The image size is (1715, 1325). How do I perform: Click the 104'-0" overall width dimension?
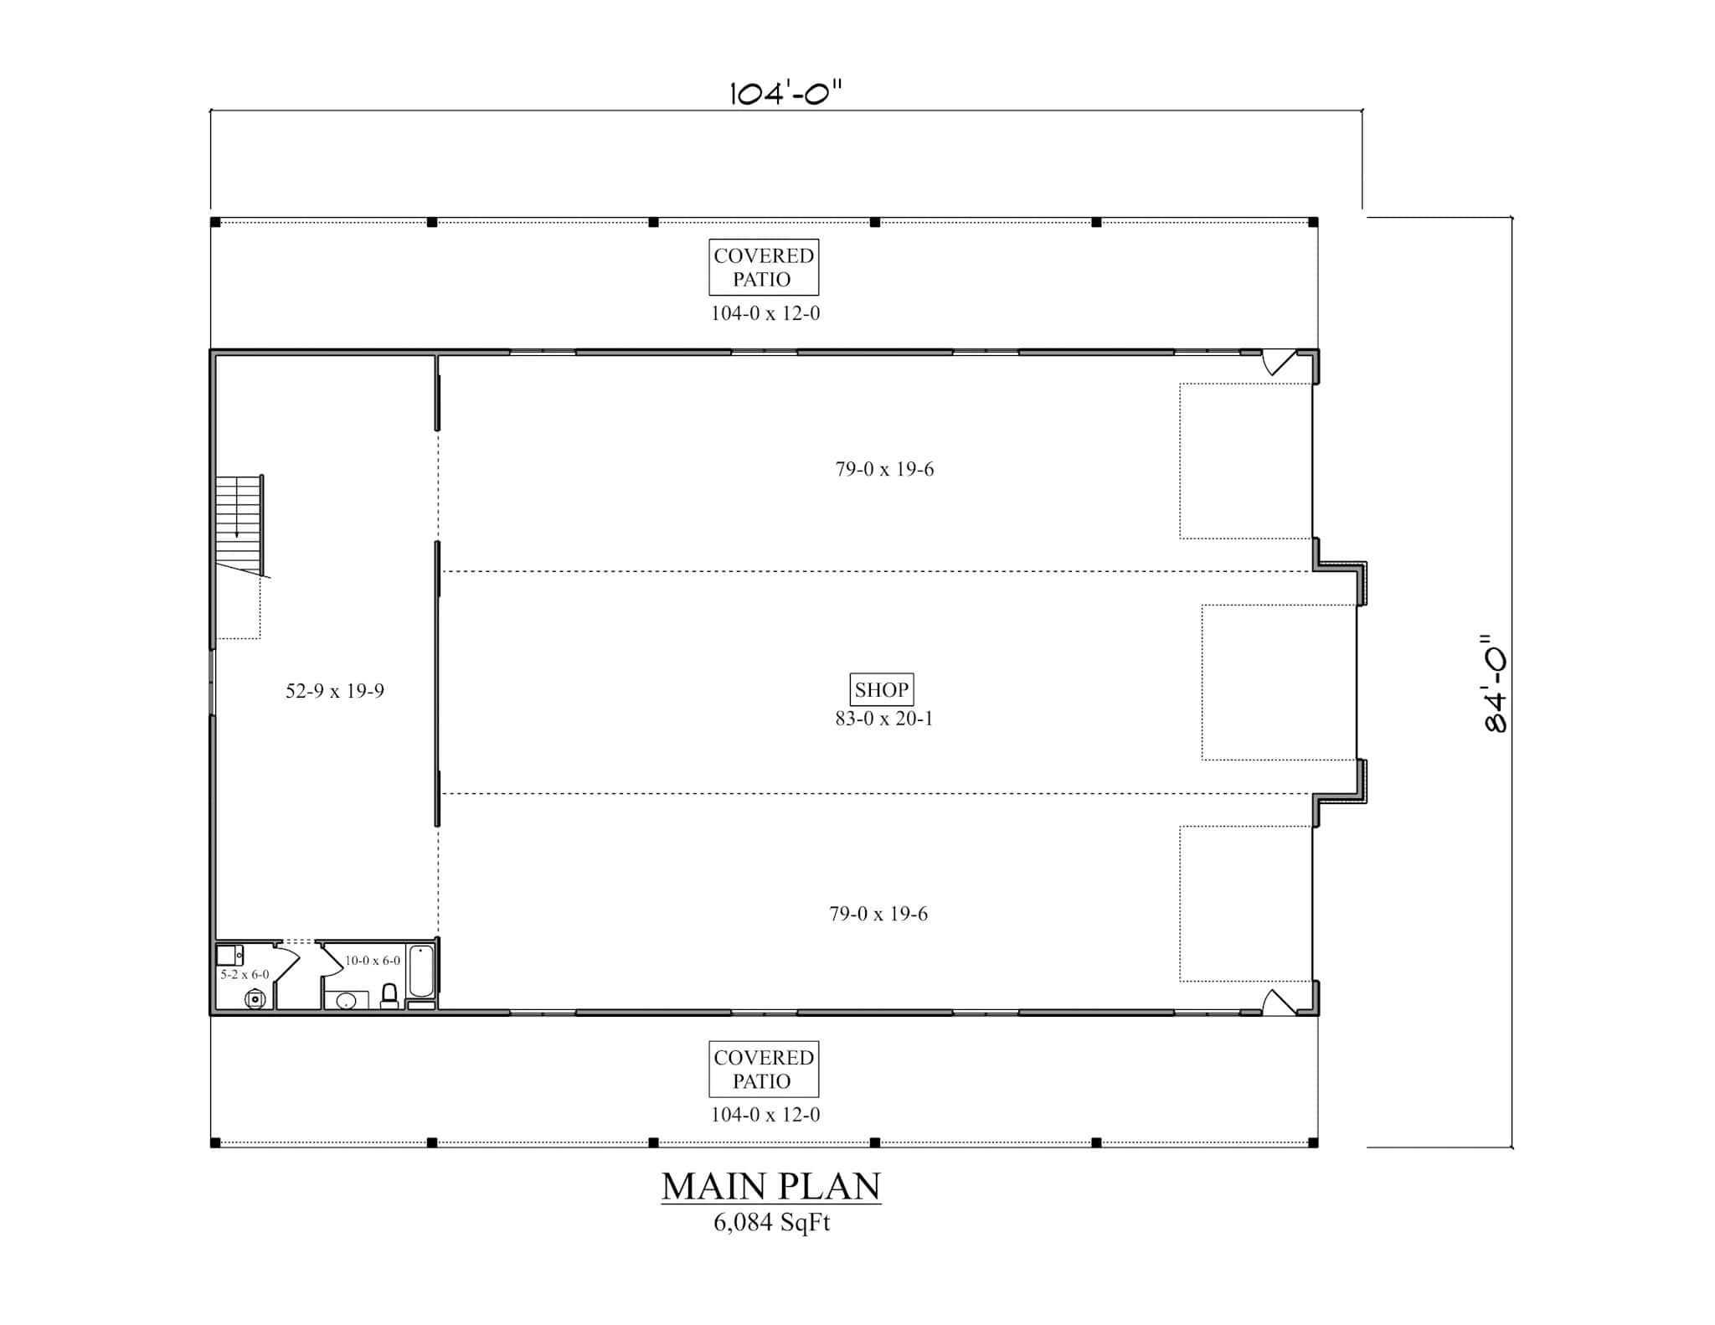click(x=785, y=92)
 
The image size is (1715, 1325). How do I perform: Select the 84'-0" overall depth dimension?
click(x=1496, y=683)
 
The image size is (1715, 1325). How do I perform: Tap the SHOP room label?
click(x=881, y=689)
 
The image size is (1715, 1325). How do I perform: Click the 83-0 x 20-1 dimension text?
click(x=883, y=718)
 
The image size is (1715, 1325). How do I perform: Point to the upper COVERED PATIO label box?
click(x=763, y=267)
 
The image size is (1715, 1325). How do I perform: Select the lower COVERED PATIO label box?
click(x=763, y=1069)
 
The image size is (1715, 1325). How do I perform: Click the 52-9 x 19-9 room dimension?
click(x=334, y=691)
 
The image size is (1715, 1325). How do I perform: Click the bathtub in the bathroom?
click(x=421, y=972)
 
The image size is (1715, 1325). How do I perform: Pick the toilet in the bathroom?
click(x=389, y=996)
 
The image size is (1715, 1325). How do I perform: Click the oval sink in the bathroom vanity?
click(x=346, y=1001)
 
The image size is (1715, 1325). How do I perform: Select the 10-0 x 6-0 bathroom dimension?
click(x=373, y=961)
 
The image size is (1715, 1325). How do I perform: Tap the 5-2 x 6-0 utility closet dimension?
click(x=245, y=975)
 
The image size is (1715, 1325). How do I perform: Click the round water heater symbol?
click(x=255, y=998)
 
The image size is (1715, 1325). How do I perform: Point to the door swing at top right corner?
click(x=1278, y=362)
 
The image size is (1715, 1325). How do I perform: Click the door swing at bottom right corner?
click(x=1278, y=1003)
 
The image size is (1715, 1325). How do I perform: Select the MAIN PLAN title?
click(x=771, y=1186)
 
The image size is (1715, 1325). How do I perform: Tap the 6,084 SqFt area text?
click(x=771, y=1223)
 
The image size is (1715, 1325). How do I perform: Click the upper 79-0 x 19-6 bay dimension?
click(x=884, y=469)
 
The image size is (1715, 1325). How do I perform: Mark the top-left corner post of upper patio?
click(x=215, y=222)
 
